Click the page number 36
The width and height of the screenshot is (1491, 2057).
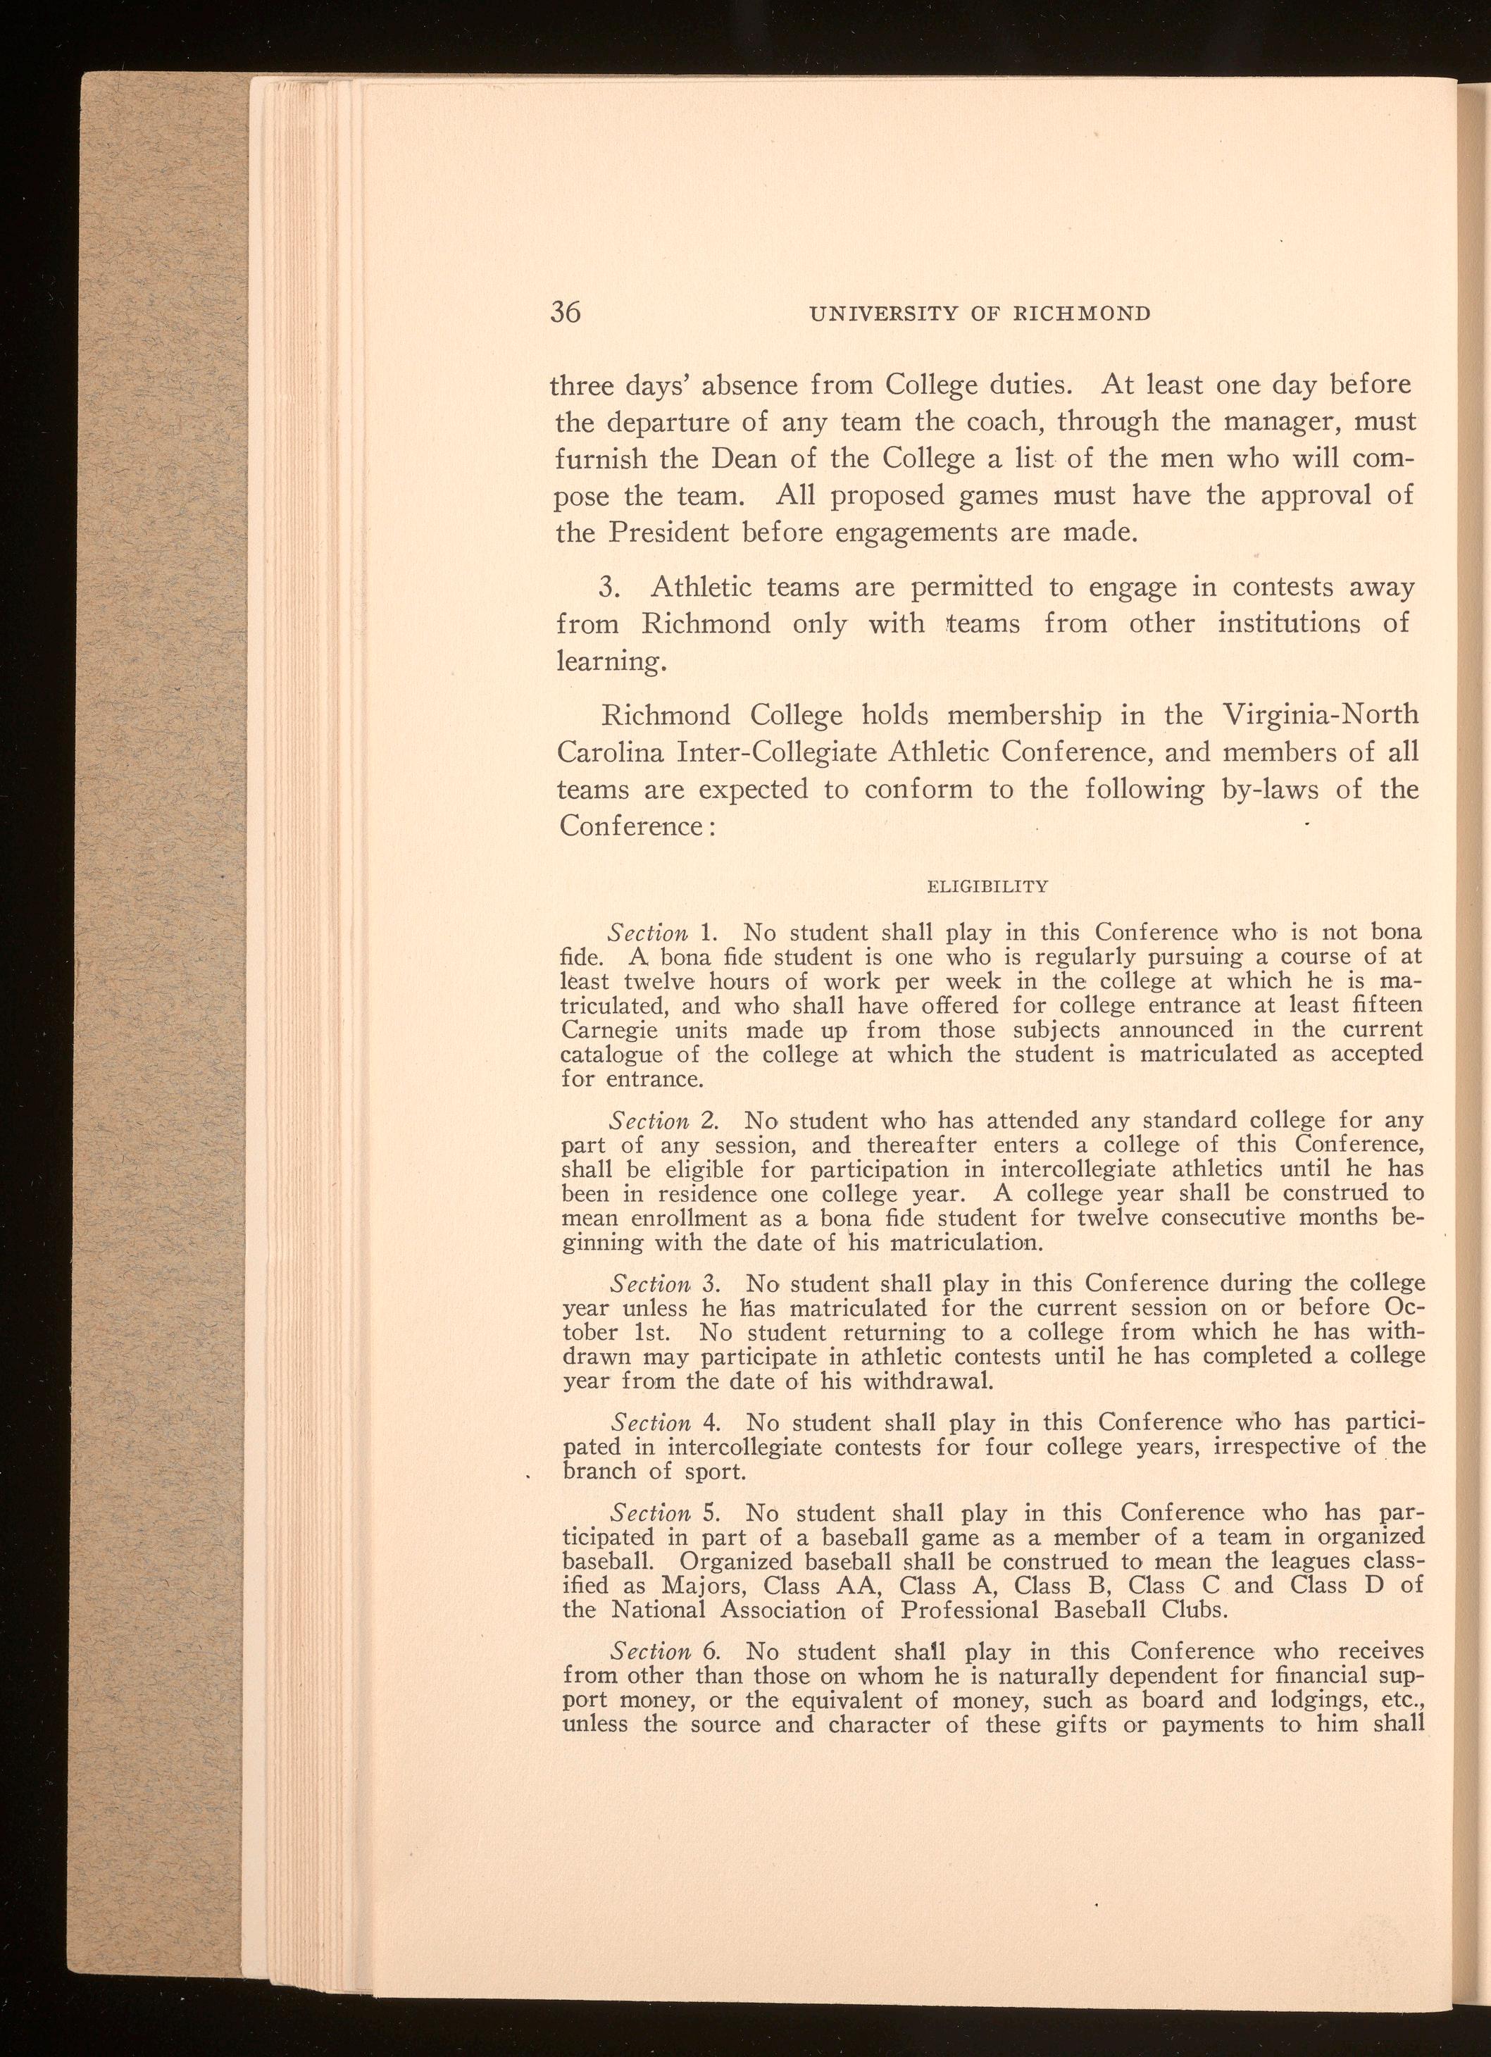point(565,312)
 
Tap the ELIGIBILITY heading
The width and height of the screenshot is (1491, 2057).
point(989,886)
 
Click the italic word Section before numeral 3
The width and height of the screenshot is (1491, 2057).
point(649,1284)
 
